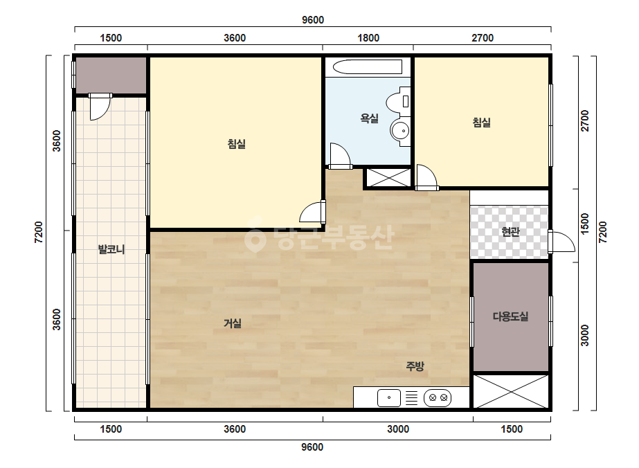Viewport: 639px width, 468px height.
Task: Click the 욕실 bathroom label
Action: pyautogui.click(x=369, y=118)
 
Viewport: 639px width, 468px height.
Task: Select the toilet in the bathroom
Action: pyautogui.click(x=398, y=100)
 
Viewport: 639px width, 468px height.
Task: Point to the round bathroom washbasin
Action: pyautogui.click(x=400, y=131)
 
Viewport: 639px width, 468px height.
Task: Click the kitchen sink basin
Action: pyautogui.click(x=389, y=398)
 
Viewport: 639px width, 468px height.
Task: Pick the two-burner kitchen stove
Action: pyautogui.click(x=438, y=397)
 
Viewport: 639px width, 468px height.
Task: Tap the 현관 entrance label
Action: pyautogui.click(x=510, y=232)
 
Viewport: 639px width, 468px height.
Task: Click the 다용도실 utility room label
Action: pyautogui.click(x=510, y=316)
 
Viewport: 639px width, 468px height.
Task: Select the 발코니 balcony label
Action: pyautogui.click(x=111, y=249)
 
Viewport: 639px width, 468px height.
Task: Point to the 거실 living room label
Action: pyautogui.click(x=233, y=323)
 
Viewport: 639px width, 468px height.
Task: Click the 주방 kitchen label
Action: pyautogui.click(x=415, y=366)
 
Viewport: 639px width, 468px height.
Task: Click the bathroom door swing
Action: pyautogui.click(x=341, y=156)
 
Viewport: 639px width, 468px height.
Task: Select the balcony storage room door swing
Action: pyautogui.click(x=100, y=107)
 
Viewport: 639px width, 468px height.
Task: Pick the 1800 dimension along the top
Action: pyautogui.click(x=368, y=38)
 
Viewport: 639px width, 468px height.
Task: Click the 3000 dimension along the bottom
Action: pyautogui.click(x=398, y=429)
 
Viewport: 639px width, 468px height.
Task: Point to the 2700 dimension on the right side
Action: pyautogui.click(x=585, y=120)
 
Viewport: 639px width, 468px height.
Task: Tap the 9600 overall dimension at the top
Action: pyautogui.click(x=312, y=20)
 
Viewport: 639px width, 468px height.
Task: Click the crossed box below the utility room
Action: pyautogui.click(x=510, y=391)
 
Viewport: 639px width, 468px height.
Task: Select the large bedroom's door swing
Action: pyautogui.click(x=312, y=212)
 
